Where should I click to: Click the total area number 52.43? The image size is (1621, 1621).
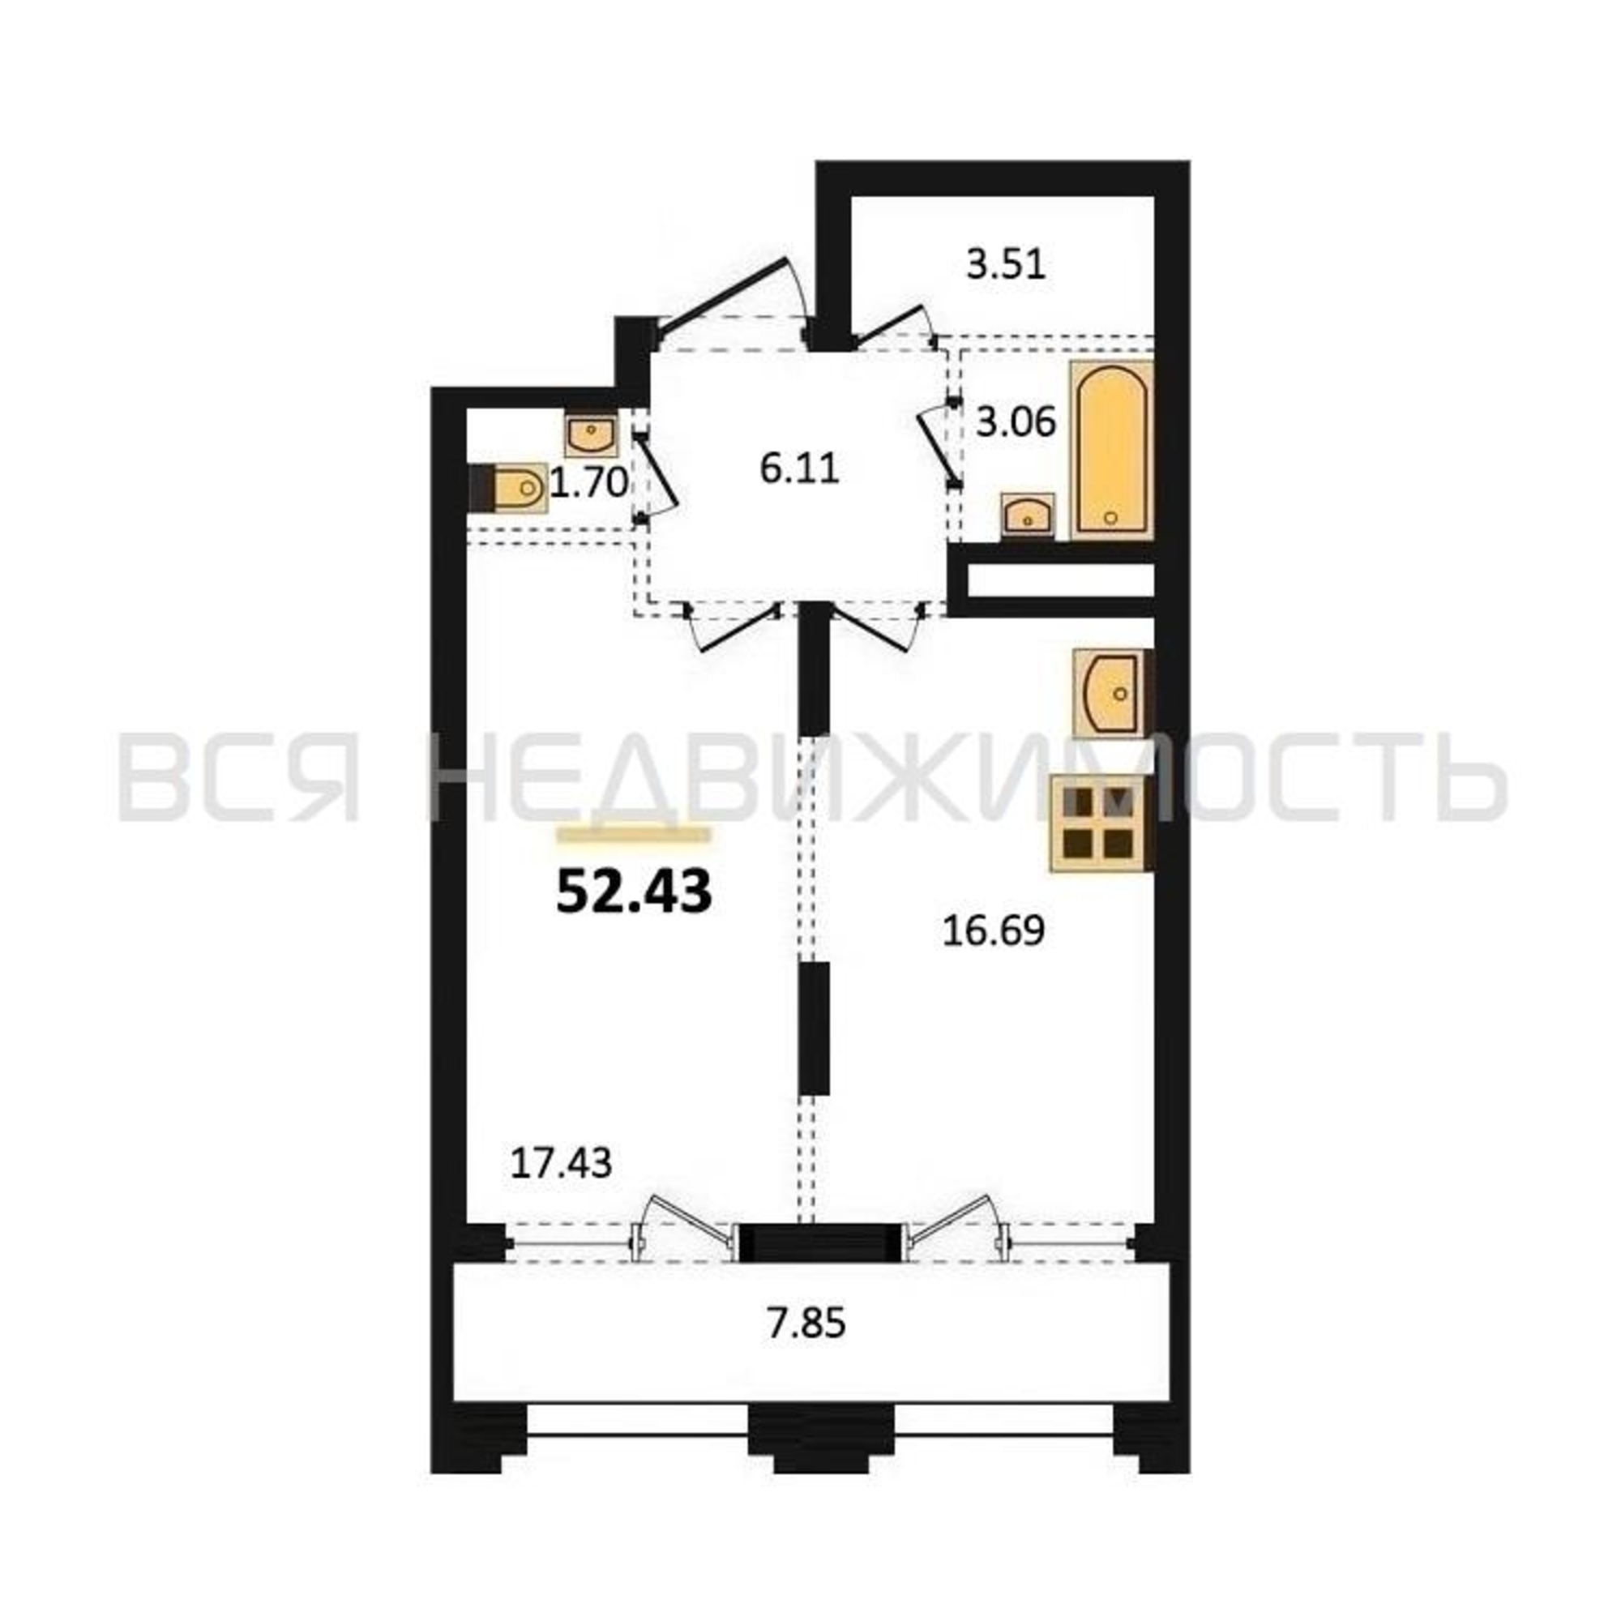(635, 892)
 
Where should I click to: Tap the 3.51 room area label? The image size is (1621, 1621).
(1006, 265)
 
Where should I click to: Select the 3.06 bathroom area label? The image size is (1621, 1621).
(1016, 422)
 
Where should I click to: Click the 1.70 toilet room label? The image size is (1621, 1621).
(589, 483)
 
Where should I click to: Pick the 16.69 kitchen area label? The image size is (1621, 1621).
(994, 930)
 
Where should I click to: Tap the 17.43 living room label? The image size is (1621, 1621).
(562, 1163)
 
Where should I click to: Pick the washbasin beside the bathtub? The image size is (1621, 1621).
(1028, 515)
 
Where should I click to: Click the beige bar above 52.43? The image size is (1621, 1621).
(635, 834)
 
